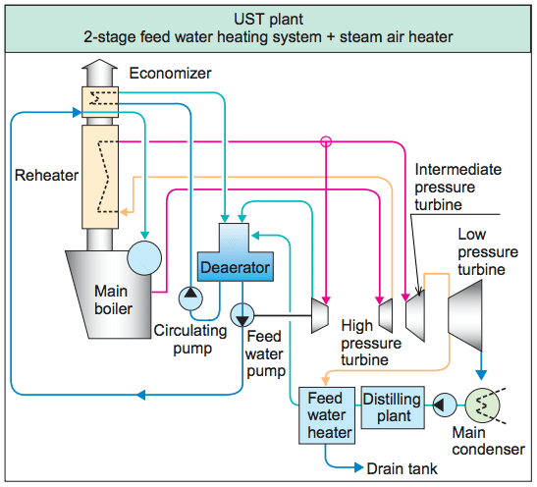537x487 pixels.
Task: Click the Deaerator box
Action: pyautogui.click(x=236, y=266)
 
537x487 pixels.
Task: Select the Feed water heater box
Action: pyautogui.click(x=327, y=415)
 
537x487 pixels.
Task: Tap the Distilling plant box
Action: pyautogui.click(x=393, y=407)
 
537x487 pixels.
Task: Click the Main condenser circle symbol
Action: pyautogui.click(x=482, y=406)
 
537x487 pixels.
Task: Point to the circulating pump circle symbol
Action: pyautogui.click(x=190, y=298)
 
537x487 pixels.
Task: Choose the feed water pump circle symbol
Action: pyautogui.click(x=242, y=315)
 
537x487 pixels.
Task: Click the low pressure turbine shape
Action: pyautogui.click(x=465, y=315)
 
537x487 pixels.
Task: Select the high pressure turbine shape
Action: pyautogui.click(x=386, y=315)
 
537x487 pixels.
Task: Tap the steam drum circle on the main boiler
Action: pyautogui.click(x=144, y=258)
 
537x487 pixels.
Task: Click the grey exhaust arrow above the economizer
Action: pyautogui.click(x=100, y=73)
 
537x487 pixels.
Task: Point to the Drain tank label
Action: pyautogui.click(x=402, y=468)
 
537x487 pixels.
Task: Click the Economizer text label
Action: pyautogui.click(x=170, y=74)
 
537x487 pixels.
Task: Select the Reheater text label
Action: pyautogui.click(x=46, y=175)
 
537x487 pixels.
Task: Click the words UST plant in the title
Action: pyautogui.click(x=269, y=20)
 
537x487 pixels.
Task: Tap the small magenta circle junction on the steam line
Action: pyautogui.click(x=326, y=141)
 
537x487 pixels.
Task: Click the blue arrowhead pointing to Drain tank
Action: pyautogui.click(x=358, y=467)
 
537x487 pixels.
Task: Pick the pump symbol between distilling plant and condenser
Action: pyautogui.click(x=445, y=406)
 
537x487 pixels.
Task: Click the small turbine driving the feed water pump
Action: pyautogui.click(x=320, y=315)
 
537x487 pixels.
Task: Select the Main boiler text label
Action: pyautogui.click(x=113, y=300)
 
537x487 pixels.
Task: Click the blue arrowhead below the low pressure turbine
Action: pyautogui.click(x=481, y=375)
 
